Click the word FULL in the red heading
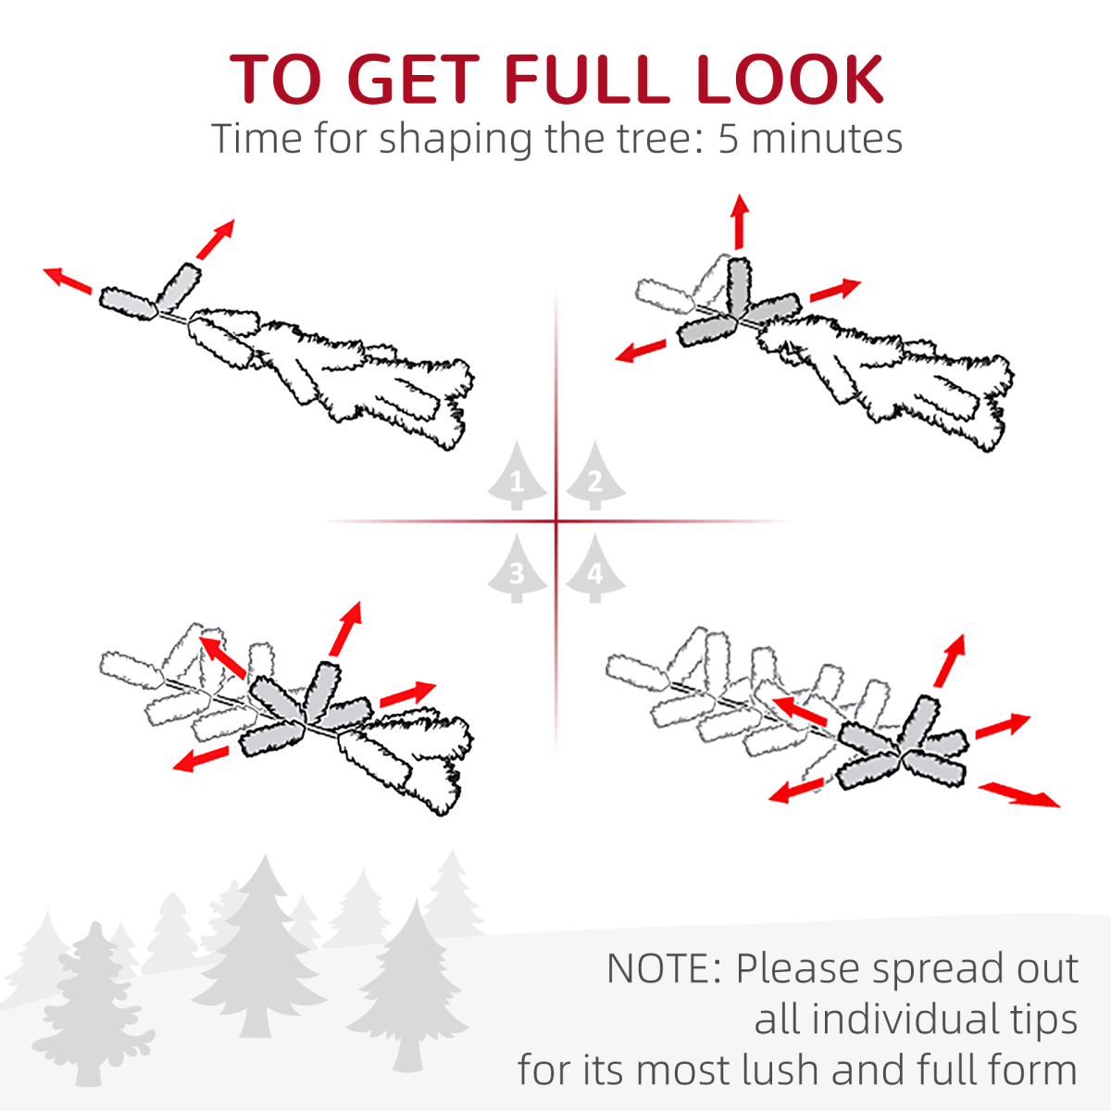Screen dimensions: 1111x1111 coord(586,79)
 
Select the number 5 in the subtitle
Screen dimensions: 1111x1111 coord(729,140)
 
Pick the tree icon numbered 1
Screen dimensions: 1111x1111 coord(517,476)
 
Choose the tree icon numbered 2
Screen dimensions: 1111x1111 coord(595,476)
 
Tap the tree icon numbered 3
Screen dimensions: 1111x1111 coord(517,568)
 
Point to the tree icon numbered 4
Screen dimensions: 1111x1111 coord(595,568)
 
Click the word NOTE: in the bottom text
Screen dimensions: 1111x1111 coord(664,968)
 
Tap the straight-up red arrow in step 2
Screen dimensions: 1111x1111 coord(739,222)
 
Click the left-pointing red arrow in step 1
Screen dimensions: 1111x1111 coord(68,281)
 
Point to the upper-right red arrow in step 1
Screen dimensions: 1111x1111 coord(216,239)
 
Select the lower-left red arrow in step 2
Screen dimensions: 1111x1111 coord(641,351)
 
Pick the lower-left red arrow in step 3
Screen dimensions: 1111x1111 coord(201,759)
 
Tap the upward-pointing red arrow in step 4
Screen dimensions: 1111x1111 coord(950,661)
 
